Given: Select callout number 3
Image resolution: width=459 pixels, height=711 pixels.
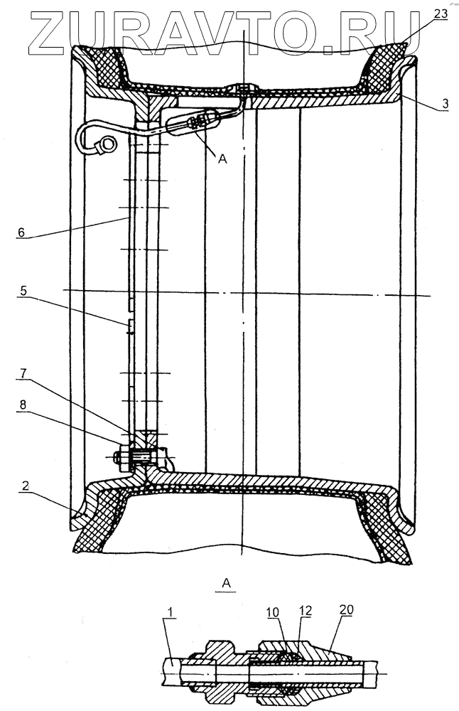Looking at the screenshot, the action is click(444, 104).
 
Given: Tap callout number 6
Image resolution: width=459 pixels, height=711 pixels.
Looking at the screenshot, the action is click(21, 232).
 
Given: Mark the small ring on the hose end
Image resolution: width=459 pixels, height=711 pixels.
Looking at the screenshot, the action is click(106, 144).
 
